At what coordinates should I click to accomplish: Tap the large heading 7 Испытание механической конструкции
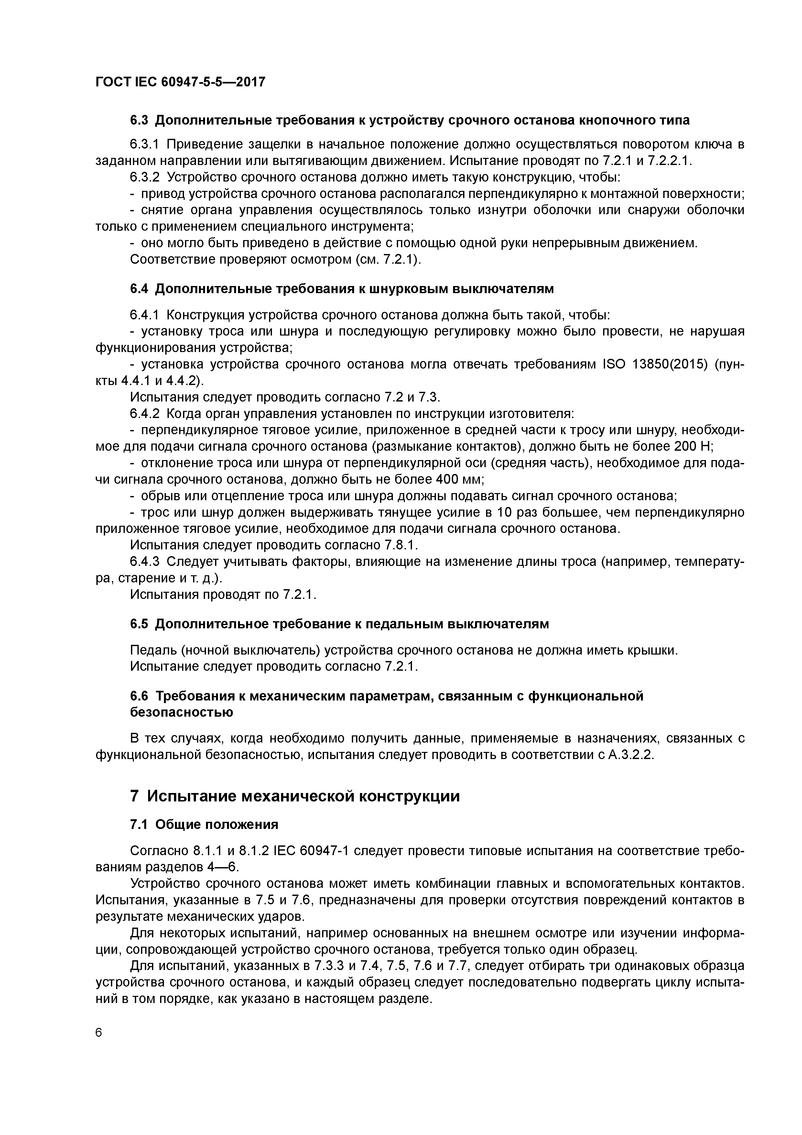click(295, 796)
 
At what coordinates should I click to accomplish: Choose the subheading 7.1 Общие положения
click(204, 824)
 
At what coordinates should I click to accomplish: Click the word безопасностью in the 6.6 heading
click(181, 712)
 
